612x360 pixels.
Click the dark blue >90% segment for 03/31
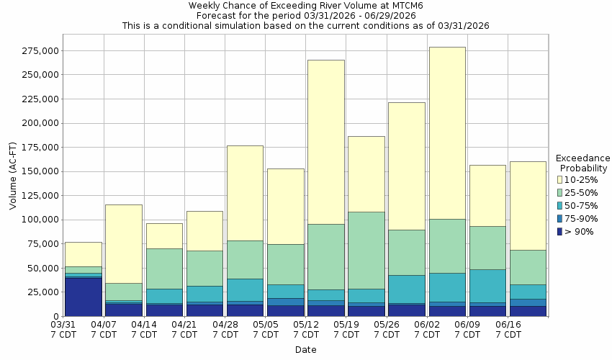(x=83, y=297)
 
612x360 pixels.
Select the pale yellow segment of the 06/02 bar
(x=447, y=133)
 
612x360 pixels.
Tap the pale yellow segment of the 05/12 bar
(x=325, y=142)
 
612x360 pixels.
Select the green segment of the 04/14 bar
(x=163, y=269)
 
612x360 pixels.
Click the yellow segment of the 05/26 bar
(x=406, y=166)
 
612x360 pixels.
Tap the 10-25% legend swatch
(x=561, y=179)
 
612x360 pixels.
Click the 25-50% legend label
(x=580, y=192)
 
